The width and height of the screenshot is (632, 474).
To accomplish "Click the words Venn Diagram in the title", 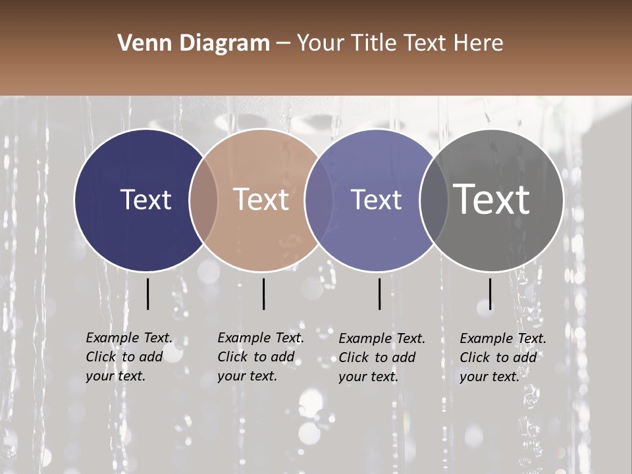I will [x=194, y=43].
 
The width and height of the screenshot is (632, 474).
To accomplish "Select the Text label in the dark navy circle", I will [x=145, y=199].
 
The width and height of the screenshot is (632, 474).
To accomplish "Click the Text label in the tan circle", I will [x=261, y=199].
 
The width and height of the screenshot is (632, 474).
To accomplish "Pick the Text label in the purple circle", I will [x=377, y=199].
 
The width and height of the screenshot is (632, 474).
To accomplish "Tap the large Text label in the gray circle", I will [x=492, y=199].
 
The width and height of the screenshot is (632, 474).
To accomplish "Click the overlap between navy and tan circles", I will [x=203, y=200].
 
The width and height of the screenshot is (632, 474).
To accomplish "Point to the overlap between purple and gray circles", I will [x=434, y=200].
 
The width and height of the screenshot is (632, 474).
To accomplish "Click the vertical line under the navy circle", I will [x=147, y=294].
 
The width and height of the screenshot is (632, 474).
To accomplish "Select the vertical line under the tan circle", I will [x=263, y=294].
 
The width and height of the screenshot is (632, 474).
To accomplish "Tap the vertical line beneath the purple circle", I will [x=380, y=294].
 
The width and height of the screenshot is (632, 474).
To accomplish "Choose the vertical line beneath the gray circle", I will [x=490, y=294].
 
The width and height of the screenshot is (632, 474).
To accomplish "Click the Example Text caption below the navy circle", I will [x=129, y=357].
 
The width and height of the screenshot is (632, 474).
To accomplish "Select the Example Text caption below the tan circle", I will [x=261, y=357].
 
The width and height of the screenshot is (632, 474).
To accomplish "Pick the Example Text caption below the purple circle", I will [x=382, y=357].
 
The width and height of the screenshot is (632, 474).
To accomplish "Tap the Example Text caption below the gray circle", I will [x=503, y=357].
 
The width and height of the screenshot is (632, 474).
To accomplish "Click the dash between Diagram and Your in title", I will [x=283, y=43].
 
